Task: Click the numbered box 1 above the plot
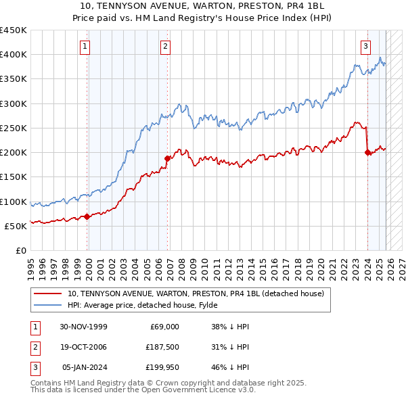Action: click(85, 47)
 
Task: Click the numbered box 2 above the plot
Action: click(165, 47)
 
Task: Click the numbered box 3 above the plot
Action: click(365, 47)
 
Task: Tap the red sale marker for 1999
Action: click(87, 217)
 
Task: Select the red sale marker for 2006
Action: click(167, 158)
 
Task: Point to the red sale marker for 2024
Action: click(367, 153)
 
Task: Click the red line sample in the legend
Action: click(49, 294)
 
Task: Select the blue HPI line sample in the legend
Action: click(49, 305)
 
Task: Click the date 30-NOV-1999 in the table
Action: click(83, 327)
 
